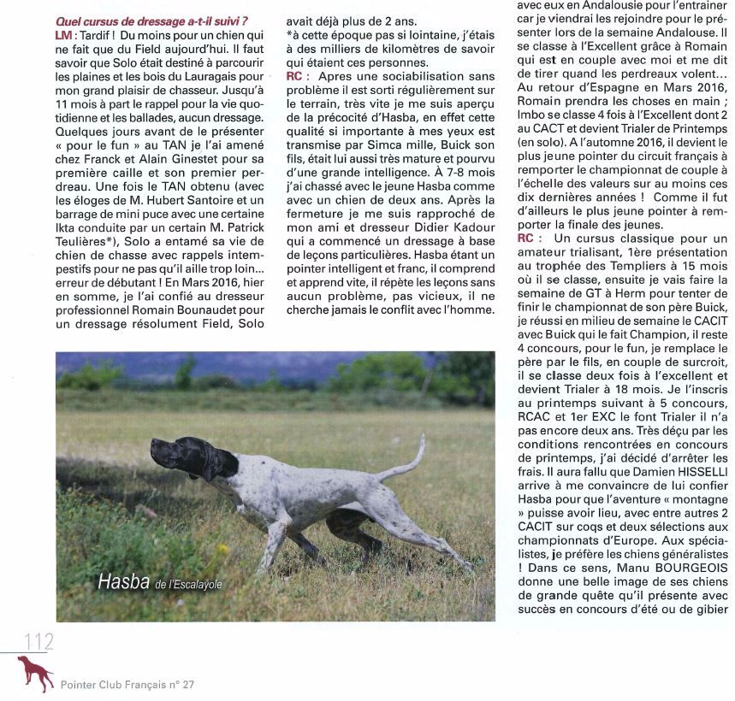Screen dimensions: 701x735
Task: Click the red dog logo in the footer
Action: [x=36, y=674]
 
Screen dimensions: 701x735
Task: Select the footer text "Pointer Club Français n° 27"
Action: [x=127, y=685]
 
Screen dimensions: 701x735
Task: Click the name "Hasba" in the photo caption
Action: [x=124, y=583]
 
